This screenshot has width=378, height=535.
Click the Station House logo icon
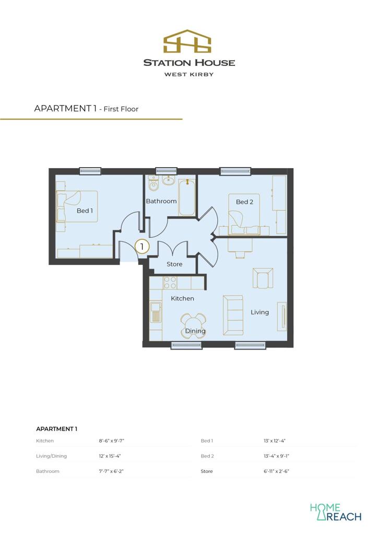(188, 41)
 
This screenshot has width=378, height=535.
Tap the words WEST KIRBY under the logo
(189, 74)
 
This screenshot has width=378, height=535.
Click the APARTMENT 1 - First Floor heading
(86, 109)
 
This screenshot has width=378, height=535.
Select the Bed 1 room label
(85, 211)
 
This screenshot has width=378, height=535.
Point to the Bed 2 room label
(244, 202)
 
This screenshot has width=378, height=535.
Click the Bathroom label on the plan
(161, 201)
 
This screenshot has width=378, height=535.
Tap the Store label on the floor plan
(174, 264)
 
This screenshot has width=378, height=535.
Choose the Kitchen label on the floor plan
(182, 298)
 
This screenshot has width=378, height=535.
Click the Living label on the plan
(259, 312)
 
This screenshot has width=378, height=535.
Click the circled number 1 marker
(142, 246)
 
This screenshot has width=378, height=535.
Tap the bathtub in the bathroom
(187, 198)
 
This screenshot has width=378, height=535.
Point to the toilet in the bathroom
(154, 185)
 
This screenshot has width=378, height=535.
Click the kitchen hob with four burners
(170, 283)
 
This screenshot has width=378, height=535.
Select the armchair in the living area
(262, 278)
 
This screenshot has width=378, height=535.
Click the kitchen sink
(155, 312)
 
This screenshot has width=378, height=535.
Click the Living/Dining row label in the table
(51, 456)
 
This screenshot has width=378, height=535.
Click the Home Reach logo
(335, 512)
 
